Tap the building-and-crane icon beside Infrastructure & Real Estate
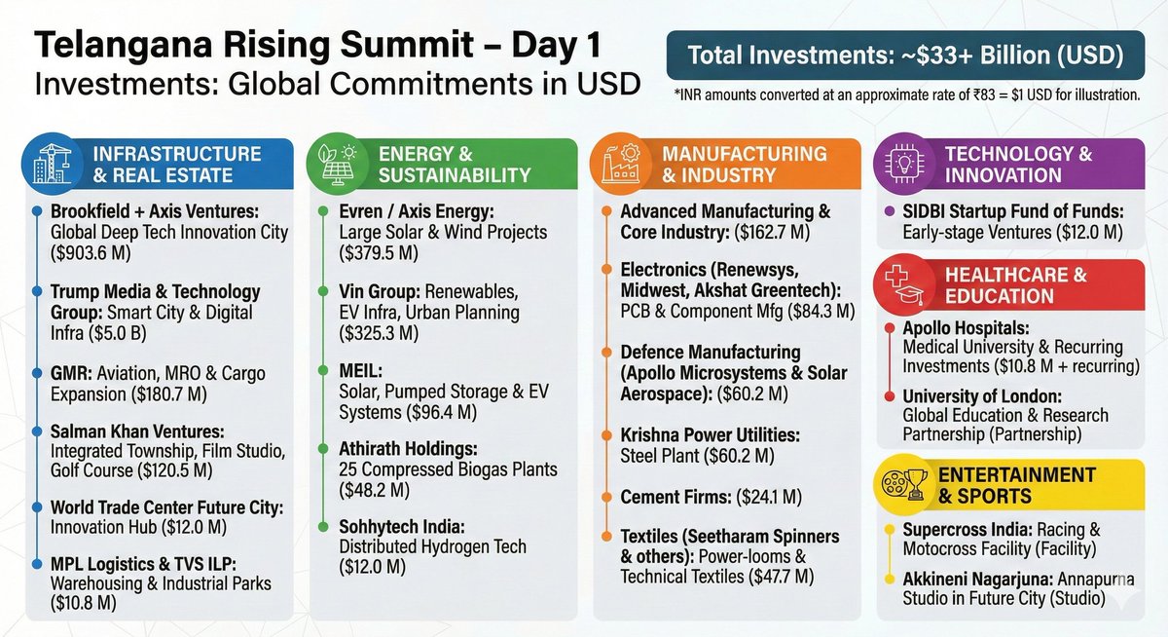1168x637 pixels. point(45,164)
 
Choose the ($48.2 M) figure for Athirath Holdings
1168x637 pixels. point(379,491)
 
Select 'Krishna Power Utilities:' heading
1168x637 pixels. point(710,433)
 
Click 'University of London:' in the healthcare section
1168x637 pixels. point(982,396)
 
